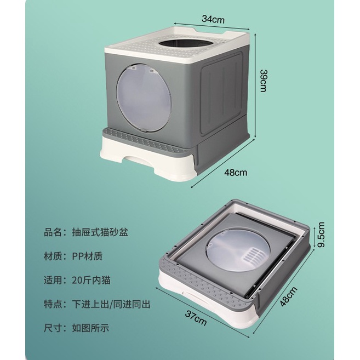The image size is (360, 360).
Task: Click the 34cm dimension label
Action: (213, 19)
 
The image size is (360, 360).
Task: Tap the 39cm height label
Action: (264, 81)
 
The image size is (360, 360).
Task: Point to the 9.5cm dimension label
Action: (321, 235)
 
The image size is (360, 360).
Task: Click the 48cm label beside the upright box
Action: (236, 172)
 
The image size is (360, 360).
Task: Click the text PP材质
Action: (87, 255)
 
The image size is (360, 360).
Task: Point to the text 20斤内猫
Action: (90, 279)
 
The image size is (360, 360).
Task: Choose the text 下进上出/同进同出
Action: (110, 303)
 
